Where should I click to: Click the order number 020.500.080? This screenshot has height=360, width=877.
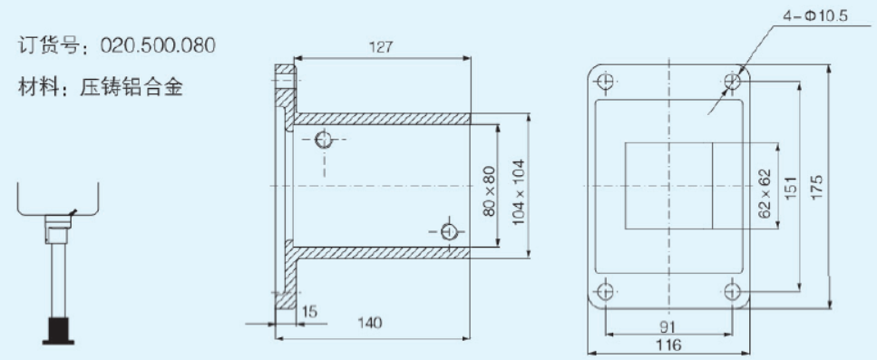point(157,45)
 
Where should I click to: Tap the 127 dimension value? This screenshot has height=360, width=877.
point(381,47)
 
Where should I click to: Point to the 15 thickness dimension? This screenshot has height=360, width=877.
point(309,311)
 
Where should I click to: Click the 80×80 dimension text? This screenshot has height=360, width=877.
point(488,191)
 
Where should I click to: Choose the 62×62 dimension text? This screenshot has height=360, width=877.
point(765,193)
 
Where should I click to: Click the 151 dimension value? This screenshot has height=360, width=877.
point(792,190)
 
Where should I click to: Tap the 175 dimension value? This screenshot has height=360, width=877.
point(816,190)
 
